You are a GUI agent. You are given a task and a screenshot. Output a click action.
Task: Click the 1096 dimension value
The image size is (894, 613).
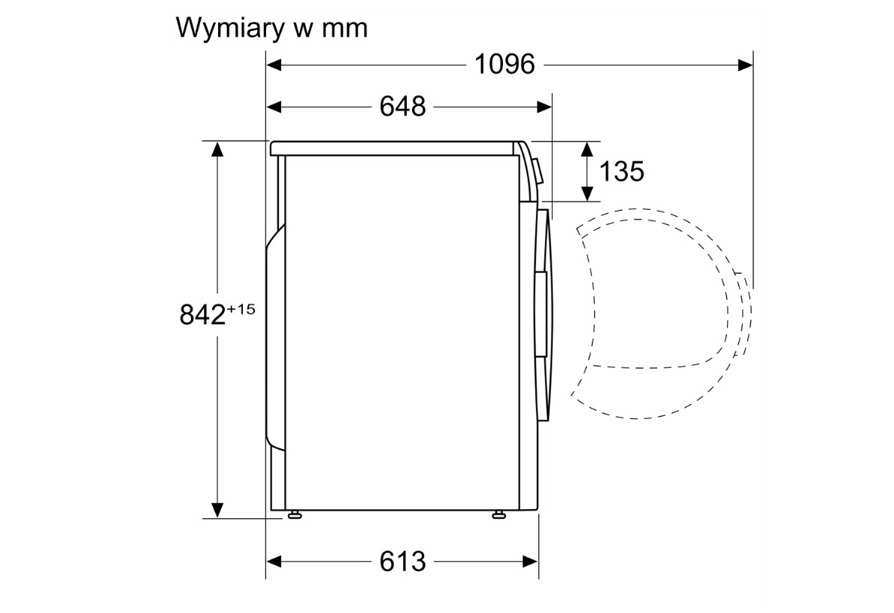505,64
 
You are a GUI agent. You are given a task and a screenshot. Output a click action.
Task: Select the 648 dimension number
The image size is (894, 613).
402,106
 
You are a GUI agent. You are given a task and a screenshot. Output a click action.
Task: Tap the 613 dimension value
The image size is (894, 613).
402,562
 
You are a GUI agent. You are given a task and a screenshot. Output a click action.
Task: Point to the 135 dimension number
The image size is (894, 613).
622,171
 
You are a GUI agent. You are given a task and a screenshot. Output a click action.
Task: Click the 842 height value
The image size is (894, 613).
202,314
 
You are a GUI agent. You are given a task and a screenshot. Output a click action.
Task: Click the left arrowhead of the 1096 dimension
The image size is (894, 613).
274,65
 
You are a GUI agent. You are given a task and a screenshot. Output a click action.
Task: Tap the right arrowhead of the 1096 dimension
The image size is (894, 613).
745,65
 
